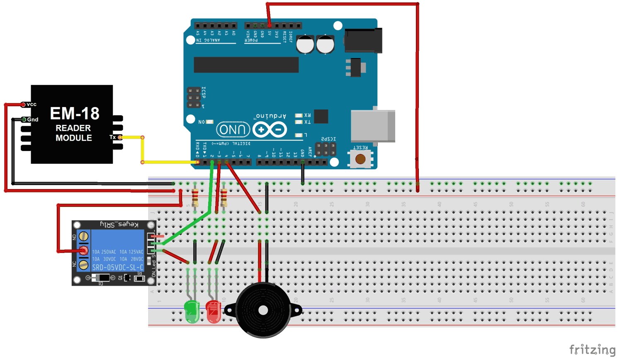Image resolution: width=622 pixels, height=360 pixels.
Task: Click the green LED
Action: click(x=192, y=311)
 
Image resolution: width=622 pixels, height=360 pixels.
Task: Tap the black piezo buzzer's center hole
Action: click(x=263, y=310)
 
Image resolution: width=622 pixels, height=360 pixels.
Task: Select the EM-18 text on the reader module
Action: click(x=75, y=113)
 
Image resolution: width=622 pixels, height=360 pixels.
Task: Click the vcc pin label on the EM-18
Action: click(x=32, y=105)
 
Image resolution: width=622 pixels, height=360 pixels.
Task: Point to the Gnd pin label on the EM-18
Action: click(x=33, y=119)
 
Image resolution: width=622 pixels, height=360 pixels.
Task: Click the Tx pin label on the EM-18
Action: click(x=112, y=137)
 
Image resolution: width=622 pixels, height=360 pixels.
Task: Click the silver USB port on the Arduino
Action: click(x=372, y=126)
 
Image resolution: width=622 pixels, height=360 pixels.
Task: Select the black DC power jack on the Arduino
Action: click(x=363, y=40)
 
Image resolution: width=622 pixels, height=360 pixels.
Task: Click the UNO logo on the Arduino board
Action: click(x=233, y=130)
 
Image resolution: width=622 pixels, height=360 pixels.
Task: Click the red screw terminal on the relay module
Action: click(x=84, y=251)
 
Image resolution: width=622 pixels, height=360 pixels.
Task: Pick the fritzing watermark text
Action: click(x=592, y=350)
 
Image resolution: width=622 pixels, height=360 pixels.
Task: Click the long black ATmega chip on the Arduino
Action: click(x=246, y=65)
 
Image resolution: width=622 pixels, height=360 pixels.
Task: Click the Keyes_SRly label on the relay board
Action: click(x=119, y=225)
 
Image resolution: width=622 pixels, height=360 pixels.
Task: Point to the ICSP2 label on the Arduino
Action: click(x=328, y=139)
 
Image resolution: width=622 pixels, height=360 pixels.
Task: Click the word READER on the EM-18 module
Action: click(x=73, y=128)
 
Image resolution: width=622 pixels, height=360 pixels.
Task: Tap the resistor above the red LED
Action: click(x=224, y=197)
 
